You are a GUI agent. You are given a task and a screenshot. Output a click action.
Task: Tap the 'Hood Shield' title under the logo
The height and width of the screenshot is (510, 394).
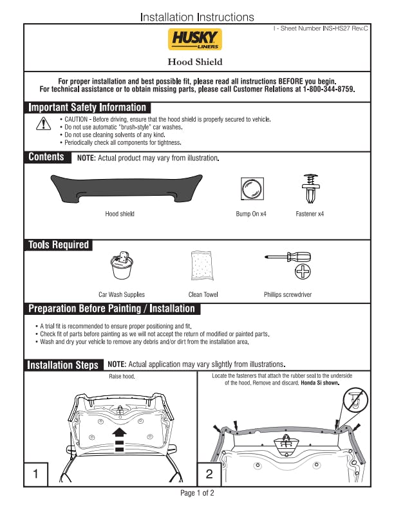[195, 62]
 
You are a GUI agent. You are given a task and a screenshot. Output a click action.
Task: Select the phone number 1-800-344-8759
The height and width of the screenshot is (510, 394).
[329, 90]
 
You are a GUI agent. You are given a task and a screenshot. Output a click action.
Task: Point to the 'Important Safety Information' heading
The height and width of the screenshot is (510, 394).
[88, 108]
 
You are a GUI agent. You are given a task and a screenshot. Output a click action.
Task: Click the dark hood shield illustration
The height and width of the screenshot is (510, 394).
[123, 187]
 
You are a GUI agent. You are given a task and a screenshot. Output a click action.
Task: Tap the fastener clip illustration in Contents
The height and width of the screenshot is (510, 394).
[310, 187]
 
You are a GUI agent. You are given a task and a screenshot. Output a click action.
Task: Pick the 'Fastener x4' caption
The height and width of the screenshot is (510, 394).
[310, 214]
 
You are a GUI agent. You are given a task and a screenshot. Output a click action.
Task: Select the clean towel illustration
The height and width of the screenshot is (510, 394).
[203, 265]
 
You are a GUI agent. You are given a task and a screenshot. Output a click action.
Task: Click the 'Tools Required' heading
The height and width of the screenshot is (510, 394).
[58, 245]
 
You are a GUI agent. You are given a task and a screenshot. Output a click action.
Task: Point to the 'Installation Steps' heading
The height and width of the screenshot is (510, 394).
[63, 365]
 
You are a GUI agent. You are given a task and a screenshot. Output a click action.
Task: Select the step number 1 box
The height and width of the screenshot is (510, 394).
[36, 475]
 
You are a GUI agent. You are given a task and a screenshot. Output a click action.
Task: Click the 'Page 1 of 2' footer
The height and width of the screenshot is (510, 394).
[197, 493]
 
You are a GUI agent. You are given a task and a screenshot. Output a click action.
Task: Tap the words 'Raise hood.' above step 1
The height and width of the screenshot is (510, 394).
[122, 376]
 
